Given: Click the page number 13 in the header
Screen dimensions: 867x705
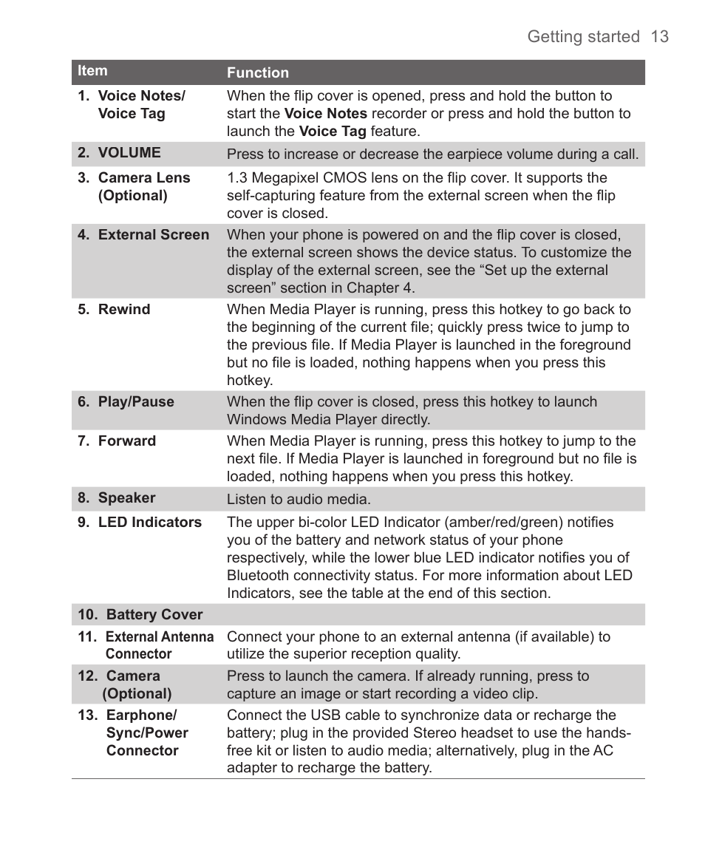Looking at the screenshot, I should pyautogui.click(x=660, y=37).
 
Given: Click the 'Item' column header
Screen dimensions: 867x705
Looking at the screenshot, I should pyautogui.click(x=93, y=71).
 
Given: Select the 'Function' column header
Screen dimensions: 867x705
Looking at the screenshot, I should pyautogui.click(x=258, y=72).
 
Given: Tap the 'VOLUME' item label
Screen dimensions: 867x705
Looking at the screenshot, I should pyautogui.click(x=129, y=153).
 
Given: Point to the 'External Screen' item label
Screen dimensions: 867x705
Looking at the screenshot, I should pyautogui.click(x=153, y=235).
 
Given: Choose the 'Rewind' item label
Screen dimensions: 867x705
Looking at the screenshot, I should pyautogui.click(x=123, y=310).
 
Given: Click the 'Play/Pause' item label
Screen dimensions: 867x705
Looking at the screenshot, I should pyautogui.click(x=136, y=402).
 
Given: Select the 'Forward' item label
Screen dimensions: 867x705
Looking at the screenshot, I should pyautogui.click(x=126, y=441).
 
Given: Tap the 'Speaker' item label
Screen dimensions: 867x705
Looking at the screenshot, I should pyautogui.click(x=126, y=498).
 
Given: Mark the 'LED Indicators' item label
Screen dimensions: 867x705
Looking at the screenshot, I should pyautogui.click(x=149, y=523).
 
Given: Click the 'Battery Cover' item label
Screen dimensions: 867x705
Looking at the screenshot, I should pyautogui.click(x=154, y=615).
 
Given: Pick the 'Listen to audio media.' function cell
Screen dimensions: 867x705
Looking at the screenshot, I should pyautogui.click(x=299, y=500).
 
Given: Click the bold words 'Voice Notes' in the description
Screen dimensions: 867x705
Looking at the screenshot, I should pyautogui.click(x=326, y=114).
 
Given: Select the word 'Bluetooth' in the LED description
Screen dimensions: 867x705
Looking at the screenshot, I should pyautogui.click(x=258, y=576).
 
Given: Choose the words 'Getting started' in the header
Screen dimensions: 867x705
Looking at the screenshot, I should pyautogui.click(x=583, y=37).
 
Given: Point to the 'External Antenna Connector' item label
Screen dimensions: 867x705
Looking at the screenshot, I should pyautogui.click(x=159, y=645).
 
